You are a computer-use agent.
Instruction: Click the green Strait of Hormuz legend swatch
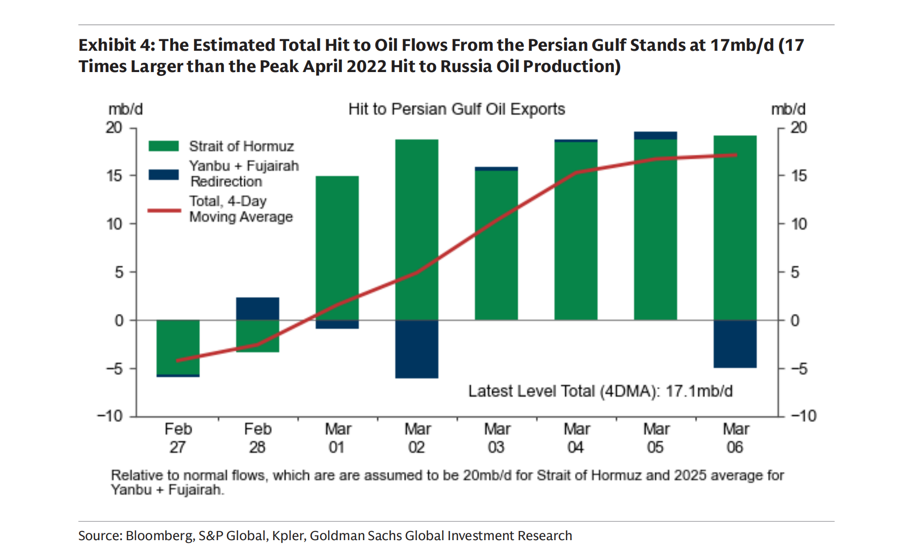point(163,146)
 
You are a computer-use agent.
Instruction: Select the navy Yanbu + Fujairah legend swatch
point(163,174)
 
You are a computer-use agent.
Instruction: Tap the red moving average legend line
point(163,210)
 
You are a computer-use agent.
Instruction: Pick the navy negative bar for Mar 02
point(417,349)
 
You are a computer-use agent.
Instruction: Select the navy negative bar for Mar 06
point(735,344)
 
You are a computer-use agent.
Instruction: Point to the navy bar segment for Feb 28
point(258,309)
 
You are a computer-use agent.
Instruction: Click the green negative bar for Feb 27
point(178,347)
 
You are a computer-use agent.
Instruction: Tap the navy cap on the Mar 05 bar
point(655,135)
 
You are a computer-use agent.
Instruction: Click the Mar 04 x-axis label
point(576,438)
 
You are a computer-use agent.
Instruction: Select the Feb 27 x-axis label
point(178,438)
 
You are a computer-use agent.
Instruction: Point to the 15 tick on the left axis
point(115,176)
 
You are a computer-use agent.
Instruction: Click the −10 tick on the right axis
point(803,416)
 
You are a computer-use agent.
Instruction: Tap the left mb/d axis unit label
point(125,109)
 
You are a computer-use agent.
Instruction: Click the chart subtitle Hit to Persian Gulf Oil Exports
point(456,109)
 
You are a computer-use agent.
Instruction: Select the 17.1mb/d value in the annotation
point(699,391)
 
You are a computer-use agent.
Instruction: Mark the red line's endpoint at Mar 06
point(735,155)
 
